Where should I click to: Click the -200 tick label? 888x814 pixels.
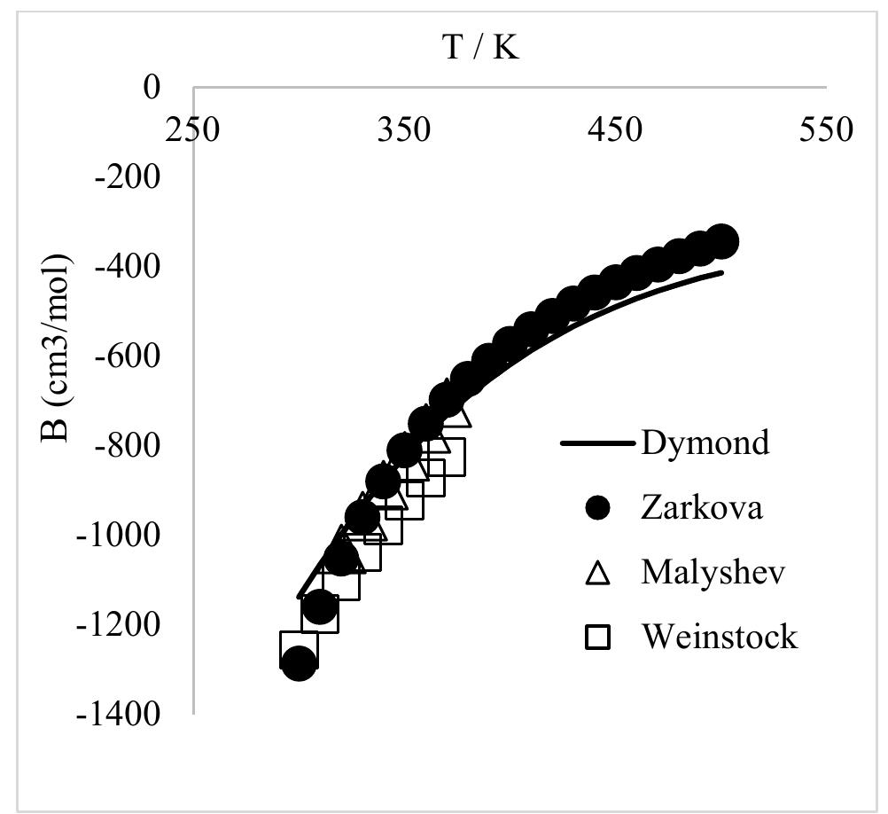pos(130,177)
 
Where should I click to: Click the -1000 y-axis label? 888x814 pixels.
pos(121,535)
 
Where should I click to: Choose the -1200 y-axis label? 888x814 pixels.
pos(121,624)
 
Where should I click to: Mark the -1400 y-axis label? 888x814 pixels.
pos(121,714)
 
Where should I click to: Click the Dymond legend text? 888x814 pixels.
pos(705,442)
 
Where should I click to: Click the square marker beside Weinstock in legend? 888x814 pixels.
pos(600,638)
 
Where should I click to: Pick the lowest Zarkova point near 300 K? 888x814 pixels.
pos(299,662)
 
